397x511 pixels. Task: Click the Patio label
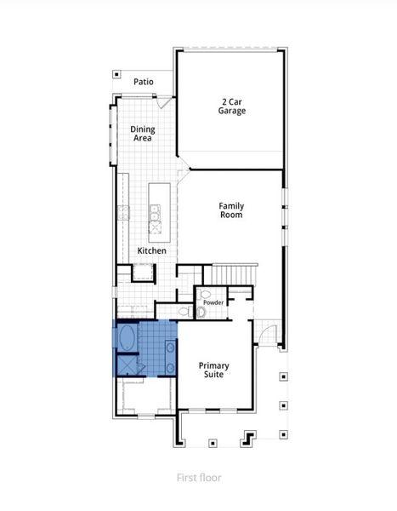144,82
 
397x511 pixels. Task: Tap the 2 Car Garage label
231,105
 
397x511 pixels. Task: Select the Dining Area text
142,134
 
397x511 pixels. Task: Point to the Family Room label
231,210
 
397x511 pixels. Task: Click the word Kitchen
152,251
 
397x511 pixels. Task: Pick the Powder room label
213,302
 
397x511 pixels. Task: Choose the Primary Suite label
214,370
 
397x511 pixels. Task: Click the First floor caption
199,478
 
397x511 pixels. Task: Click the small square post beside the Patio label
117,75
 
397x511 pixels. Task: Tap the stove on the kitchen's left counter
123,212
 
